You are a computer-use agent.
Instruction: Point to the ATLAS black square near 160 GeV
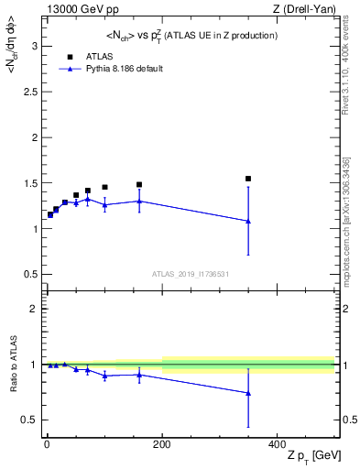[139, 184]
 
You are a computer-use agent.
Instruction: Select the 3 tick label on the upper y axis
[35, 47]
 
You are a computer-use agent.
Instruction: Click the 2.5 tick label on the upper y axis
[31, 93]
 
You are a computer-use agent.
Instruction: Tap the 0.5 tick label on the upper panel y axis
[31, 275]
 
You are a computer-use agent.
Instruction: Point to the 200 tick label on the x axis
[161, 443]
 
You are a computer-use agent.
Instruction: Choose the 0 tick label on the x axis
[46, 443]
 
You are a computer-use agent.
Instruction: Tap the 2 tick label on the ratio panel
[35, 309]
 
